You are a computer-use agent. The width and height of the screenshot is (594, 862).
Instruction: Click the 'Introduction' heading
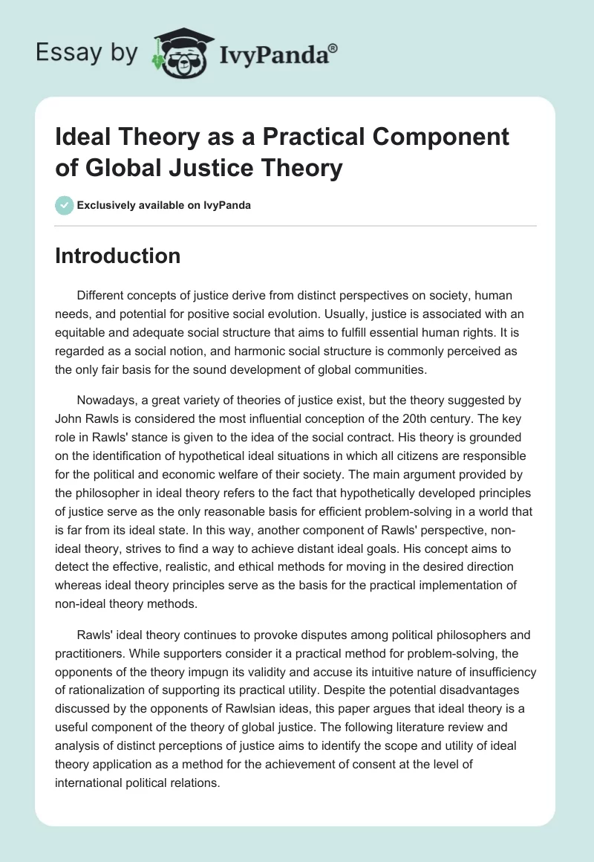(118, 256)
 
